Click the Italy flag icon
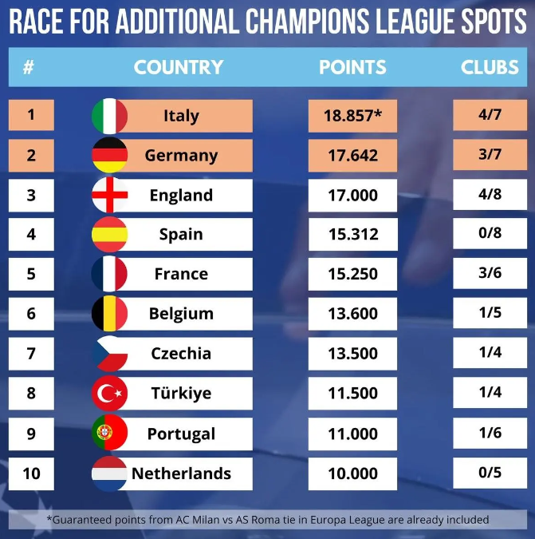click(109, 116)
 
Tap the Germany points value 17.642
click(352, 156)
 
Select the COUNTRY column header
click(179, 67)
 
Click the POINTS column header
click(352, 67)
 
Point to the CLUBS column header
click(490, 67)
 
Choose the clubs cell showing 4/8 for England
click(490, 195)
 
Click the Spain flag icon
click(109, 235)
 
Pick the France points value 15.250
click(352, 274)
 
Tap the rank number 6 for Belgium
click(31, 314)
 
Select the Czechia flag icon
click(109, 354)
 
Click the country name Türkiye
click(181, 394)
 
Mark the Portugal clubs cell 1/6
click(490, 434)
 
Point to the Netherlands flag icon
click(109, 474)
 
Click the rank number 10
click(31, 474)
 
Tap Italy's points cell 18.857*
click(352, 116)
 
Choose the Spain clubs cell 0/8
click(490, 235)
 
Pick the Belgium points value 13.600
click(352, 314)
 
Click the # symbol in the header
click(29, 67)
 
